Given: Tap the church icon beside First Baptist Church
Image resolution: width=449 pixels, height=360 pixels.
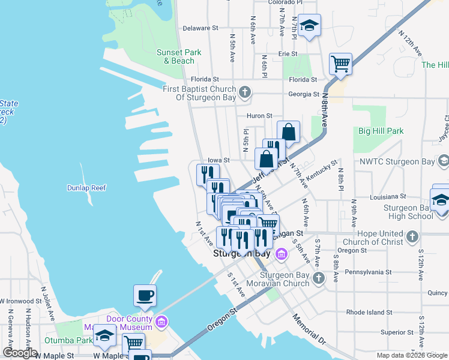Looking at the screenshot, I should (244, 93).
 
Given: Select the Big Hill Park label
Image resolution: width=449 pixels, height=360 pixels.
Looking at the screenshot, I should (381, 131).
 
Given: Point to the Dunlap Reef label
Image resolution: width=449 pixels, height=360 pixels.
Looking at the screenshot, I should (86, 188).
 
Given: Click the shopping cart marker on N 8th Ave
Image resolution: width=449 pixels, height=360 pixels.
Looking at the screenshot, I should (340, 63).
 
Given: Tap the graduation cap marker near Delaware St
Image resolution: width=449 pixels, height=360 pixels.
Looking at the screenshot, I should (310, 25).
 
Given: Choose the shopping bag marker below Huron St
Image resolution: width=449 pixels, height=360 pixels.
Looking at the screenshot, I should (288, 131).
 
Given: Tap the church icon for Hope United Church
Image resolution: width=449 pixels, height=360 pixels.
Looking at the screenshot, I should (412, 237).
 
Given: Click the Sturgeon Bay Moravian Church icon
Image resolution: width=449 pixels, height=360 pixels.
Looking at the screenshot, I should (318, 278).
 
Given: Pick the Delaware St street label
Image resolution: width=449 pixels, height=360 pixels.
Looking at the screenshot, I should (200, 28).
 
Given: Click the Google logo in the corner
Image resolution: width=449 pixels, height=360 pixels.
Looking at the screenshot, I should (20, 353).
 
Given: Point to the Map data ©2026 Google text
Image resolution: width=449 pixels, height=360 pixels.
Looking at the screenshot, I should (411, 355).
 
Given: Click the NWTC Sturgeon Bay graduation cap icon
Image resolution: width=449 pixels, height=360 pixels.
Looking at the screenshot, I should (443, 161).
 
